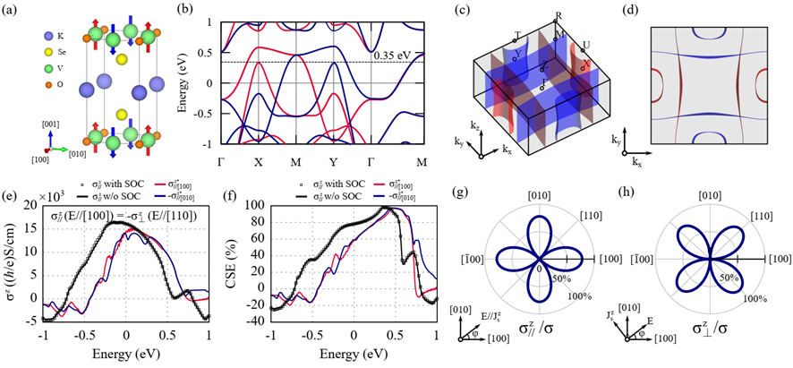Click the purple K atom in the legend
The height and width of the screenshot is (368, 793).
click(x=20, y=36)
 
